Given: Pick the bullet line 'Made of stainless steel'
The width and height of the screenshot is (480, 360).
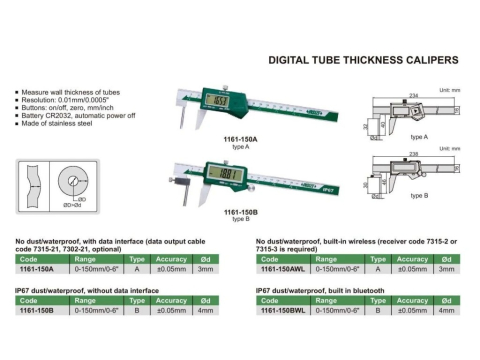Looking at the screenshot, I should [x=56, y=126].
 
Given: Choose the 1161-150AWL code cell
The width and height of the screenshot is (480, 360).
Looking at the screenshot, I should [x=283, y=268].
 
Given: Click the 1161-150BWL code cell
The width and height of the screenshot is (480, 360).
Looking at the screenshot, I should [x=283, y=311].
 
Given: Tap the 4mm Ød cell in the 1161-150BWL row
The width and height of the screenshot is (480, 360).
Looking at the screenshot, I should [x=446, y=311].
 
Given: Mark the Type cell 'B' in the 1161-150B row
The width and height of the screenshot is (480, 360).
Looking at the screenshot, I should [x=138, y=311].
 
